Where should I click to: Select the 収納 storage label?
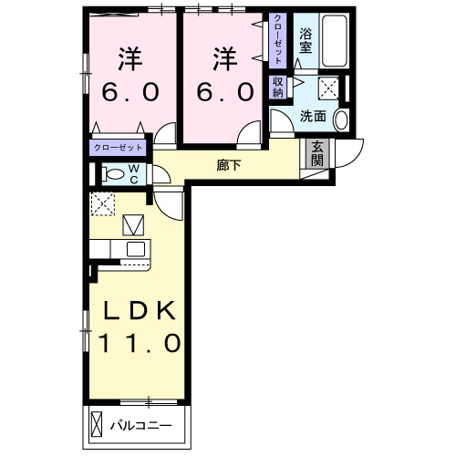[277, 87]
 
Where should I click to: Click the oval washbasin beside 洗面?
[341, 119]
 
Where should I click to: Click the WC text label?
[133, 173]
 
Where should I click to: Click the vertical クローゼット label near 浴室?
[277, 39]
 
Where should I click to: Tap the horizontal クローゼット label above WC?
[118, 147]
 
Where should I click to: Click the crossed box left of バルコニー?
[98, 424]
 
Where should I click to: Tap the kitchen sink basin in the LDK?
[136, 249]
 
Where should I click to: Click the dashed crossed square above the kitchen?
[102, 203]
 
